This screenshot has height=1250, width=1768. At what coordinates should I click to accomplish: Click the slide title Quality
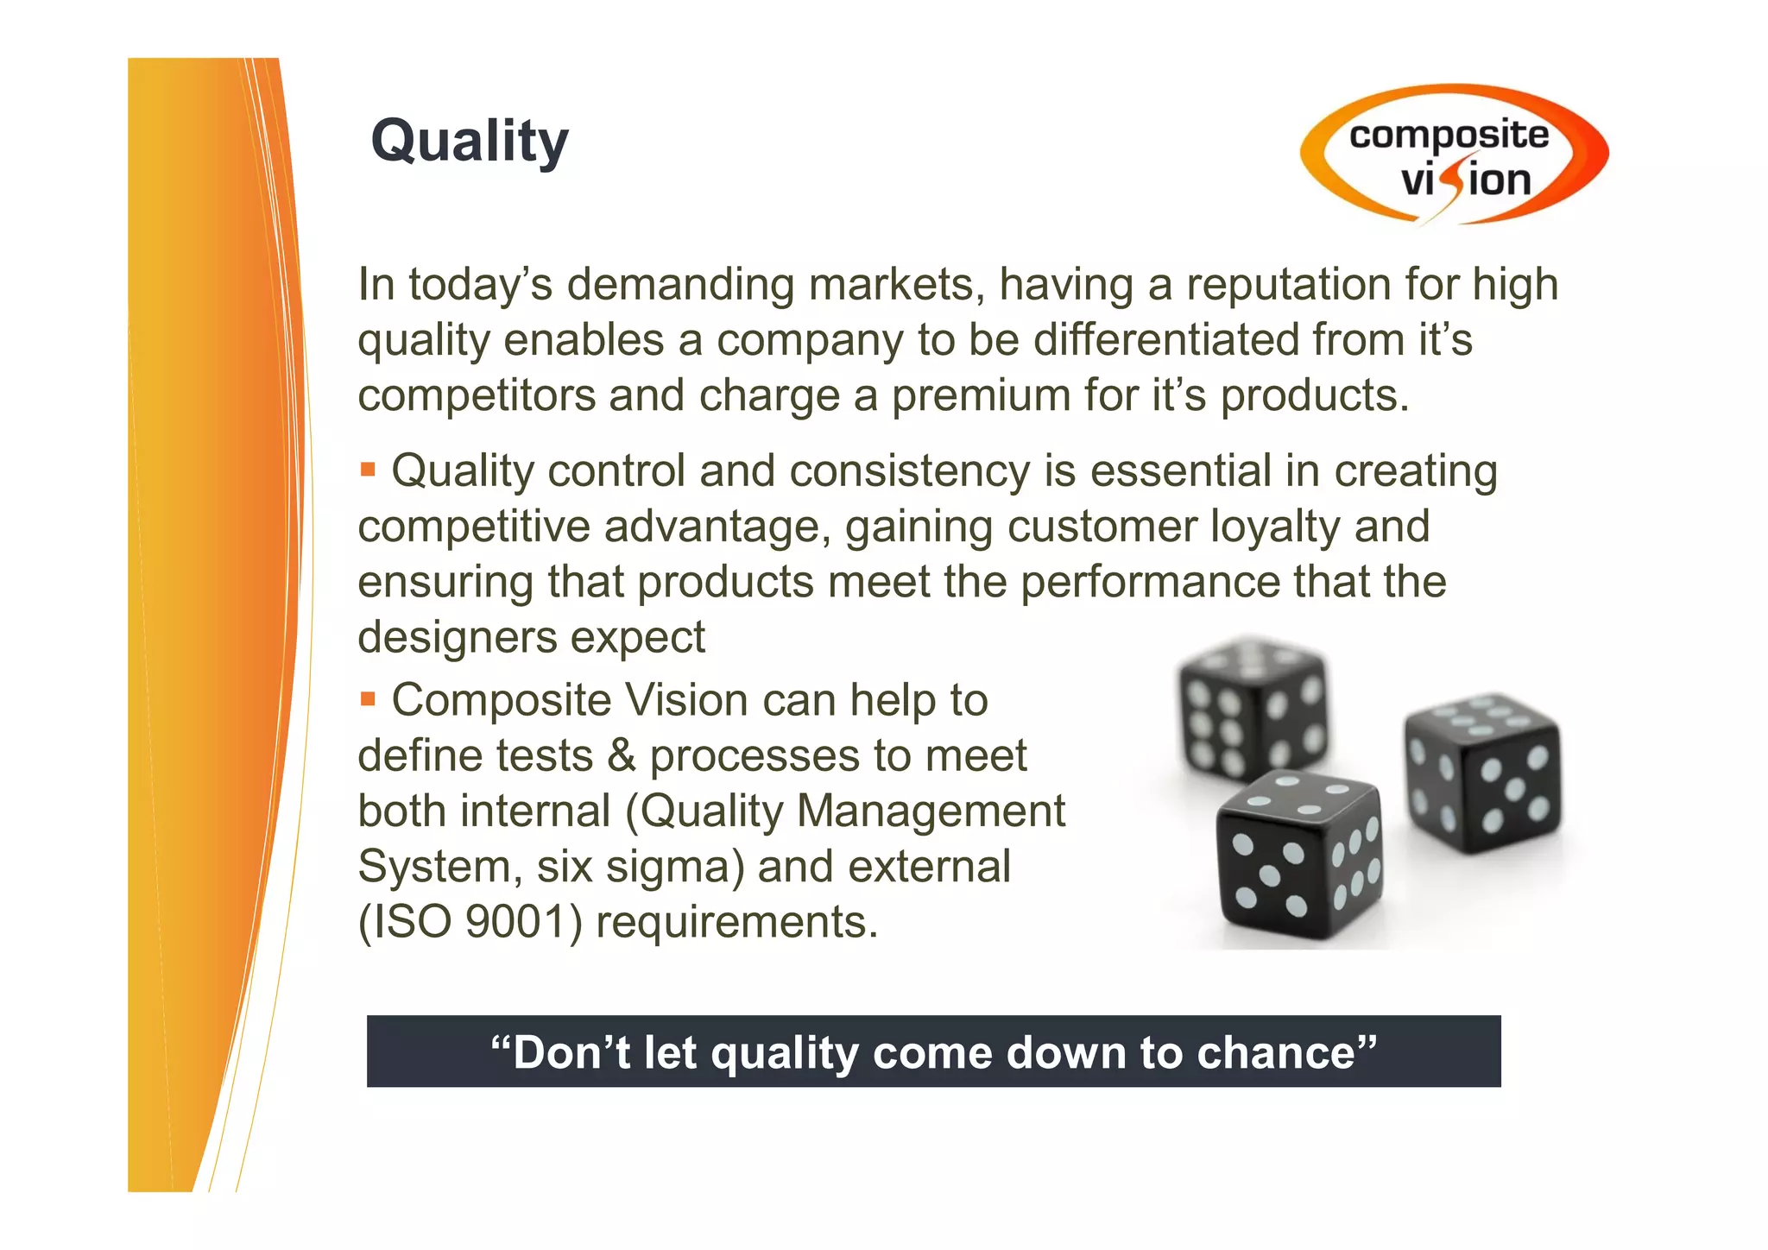pyautogui.click(x=470, y=141)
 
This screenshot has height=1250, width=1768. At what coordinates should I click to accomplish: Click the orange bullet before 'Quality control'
pyautogui.click(x=369, y=470)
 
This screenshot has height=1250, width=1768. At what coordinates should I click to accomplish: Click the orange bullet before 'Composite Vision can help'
pyautogui.click(x=369, y=698)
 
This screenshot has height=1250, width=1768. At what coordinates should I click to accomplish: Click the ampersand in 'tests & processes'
pyautogui.click(x=622, y=756)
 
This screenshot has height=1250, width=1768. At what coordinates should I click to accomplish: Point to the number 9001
pyautogui.click(x=515, y=923)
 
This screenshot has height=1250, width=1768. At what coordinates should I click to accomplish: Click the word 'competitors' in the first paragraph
pyautogui.click(x=477, y=396)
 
